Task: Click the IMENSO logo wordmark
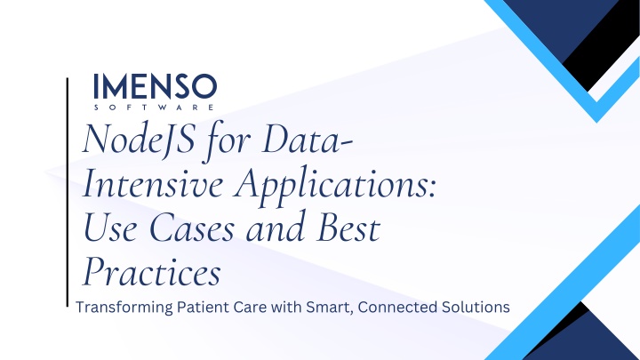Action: pos(155,86)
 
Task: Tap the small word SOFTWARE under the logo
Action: pos(154,108)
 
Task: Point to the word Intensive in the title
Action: pos(153,183)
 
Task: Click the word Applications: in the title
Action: pos(336,187)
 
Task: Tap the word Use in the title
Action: pos(110,228)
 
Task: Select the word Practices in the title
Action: pos(152,272)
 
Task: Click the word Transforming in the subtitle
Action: pos(124,308)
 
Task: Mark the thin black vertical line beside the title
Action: pos(68,192)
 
